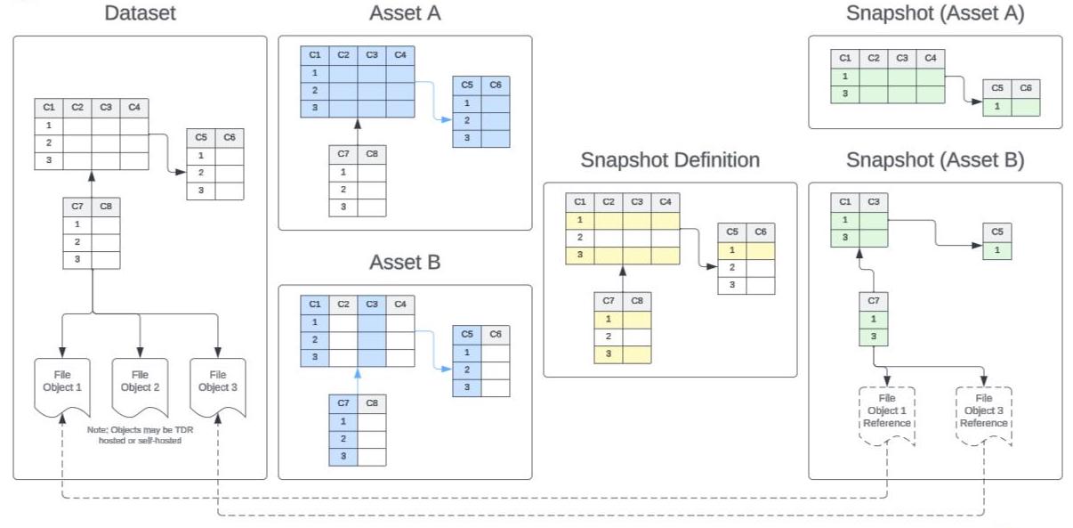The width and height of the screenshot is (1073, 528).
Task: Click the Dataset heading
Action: tap(140, 13)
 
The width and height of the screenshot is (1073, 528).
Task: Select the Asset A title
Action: tap(405, 13)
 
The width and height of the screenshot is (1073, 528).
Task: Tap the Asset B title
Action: tap(405, 263)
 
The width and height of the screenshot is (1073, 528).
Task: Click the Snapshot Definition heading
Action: tap(670, 160)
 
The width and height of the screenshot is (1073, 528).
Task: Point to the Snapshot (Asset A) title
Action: tap(935, 13)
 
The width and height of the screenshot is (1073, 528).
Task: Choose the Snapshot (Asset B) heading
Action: tap(935, 160)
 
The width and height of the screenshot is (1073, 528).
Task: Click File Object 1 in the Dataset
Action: tap(63, 384)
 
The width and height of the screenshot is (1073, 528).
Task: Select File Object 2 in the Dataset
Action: tap(140, 384)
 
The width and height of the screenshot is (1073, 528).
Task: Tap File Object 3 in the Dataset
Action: tap(218, 384)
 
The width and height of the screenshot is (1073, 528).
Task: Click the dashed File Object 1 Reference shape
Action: tap(887, 412)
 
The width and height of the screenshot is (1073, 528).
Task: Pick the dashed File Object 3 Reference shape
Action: tap(983, 412)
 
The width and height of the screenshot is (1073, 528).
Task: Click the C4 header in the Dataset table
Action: tap(134, 107)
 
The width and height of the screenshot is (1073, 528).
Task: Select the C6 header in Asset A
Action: tap(496, 85)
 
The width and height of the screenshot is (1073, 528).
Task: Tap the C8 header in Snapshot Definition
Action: tap(637, 302)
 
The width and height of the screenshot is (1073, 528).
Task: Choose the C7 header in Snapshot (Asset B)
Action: tap(874, 301)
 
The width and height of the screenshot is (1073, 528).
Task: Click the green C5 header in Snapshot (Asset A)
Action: tap(997, 88)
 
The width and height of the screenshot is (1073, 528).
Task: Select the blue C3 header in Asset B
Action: tap(372, 304)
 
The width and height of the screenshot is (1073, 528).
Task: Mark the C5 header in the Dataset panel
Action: tap(201, 138)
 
